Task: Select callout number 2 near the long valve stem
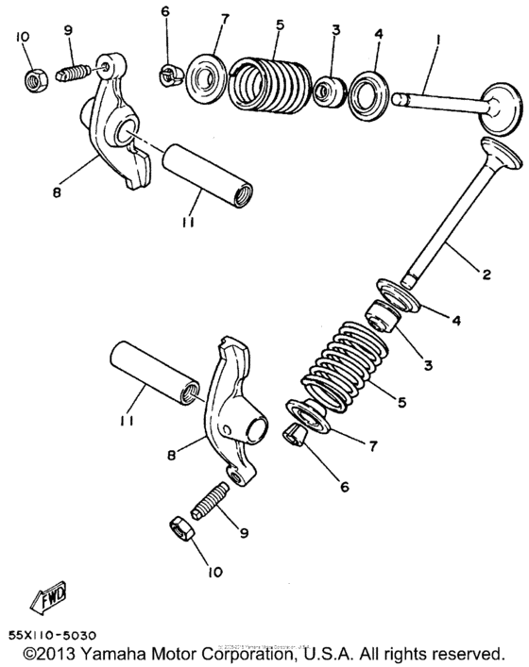pyautogui.click(x=485, y=275)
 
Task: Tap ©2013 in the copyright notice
pyautogui.click(x=48, y=653)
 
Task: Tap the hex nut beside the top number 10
pyautogui.click(x=34, y=78)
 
